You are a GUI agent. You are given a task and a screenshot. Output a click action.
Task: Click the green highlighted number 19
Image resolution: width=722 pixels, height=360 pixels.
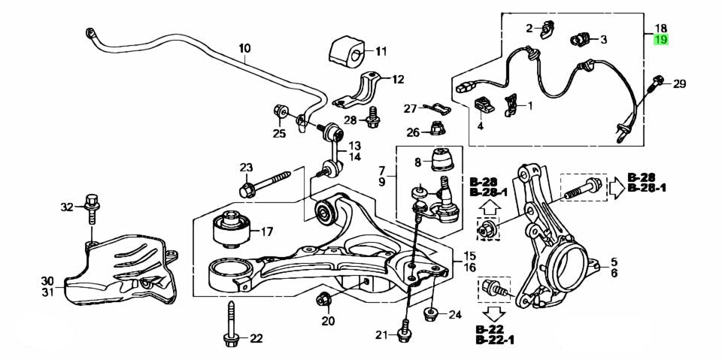point(660,40)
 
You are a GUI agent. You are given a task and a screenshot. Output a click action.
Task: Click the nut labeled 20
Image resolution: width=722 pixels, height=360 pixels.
point(325,300)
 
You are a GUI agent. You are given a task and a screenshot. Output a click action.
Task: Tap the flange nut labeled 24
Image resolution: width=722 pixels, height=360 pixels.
point(431,313)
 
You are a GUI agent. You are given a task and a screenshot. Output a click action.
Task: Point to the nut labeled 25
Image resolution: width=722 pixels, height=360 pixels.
point(281,112)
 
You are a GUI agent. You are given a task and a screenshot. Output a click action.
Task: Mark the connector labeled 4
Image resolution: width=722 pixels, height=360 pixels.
point(484,107)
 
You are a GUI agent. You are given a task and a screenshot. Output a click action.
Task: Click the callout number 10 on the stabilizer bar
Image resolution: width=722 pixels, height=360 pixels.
point(245,50)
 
